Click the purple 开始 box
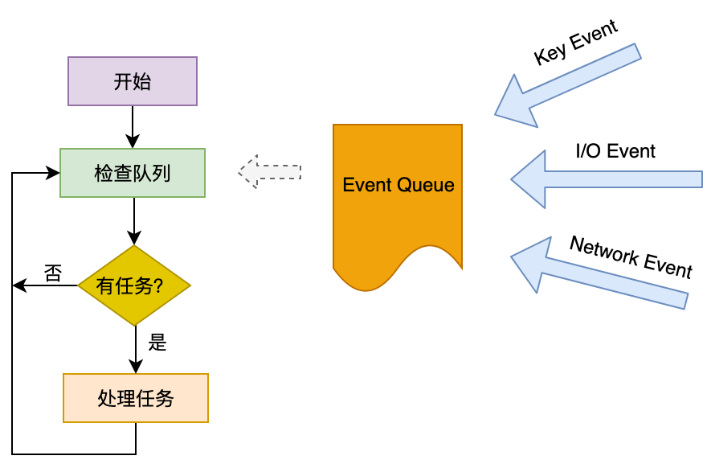pyautogui.click(x=133, y=81)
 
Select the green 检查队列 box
pyautogui.click(x=133, y=173)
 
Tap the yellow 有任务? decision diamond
pyautogui.click(x=134, y=285)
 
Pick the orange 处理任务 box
pyautogui.click(x=136, y=398)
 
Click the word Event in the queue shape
pyautogui.click(x=366, y=185)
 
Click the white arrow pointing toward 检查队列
pyautogui.click(x=270, y=172)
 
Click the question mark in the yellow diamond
pyautogui.click(x=157, y=286)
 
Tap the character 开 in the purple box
pyautogui.click(x=122, y=82)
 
